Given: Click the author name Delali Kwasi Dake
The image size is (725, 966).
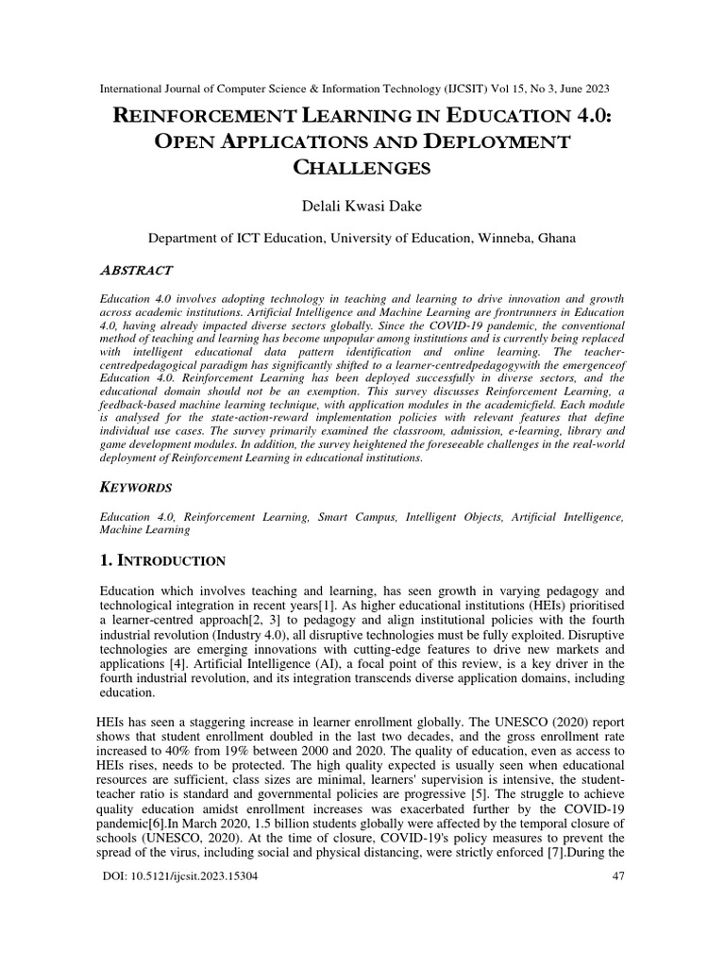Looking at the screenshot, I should coord(362,205).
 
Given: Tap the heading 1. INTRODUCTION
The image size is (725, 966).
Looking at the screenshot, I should coord(162,560).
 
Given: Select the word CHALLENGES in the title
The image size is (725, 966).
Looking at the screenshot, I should coord(363,169).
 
